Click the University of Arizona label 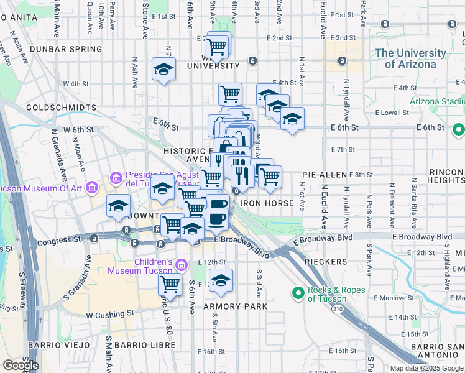pyautogui.click(x=414, y=58)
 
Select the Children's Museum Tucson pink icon pyautogui.click(x=182, y=265)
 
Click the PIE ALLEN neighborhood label pyautogui.click(x=325, y=175)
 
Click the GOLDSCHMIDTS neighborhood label pyautogui.click(x=62, y=108)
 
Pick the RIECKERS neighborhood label pyautogui.click(x=326, y=262)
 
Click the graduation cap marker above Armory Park pyautogui.click(x=221, y=280)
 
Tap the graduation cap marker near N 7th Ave pyautogui.click(x=163, y=69)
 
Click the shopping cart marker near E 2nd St pyautogui.click(x=217, y=45)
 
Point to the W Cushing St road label pyautogui.click(x=110, y=315)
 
